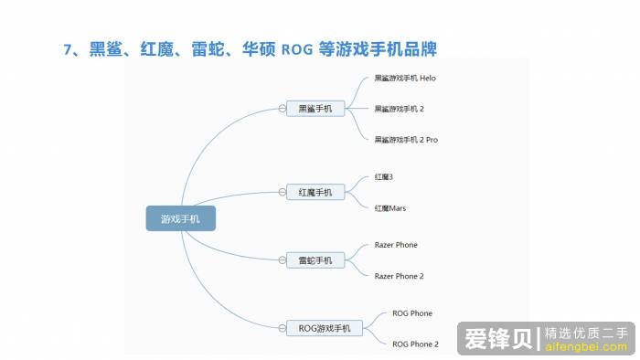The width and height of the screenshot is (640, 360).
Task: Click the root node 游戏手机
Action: pos(181,219)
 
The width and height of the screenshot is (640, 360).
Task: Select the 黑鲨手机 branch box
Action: pos(315,109)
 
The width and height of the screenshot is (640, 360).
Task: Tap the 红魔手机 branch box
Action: pos(315,192)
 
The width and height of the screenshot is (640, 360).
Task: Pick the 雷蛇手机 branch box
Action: pos(315,260)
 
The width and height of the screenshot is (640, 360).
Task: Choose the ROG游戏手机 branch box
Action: pos(325,327)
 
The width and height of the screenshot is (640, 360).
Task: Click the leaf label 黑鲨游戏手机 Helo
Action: pos(405,79)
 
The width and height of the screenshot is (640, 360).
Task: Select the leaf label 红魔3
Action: pos(384,175)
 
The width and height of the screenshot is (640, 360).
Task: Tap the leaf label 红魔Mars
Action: pos(390,208)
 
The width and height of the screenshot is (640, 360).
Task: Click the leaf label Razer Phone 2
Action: pos(400,276)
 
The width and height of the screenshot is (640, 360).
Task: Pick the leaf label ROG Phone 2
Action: pos(415,344)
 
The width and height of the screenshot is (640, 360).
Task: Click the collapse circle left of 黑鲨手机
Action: pos(283,109)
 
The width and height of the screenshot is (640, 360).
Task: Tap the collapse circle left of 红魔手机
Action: pos(283,192)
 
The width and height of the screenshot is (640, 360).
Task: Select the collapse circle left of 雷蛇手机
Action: pos(283,260)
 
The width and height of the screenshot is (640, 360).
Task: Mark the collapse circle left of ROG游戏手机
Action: pos(283,327)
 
